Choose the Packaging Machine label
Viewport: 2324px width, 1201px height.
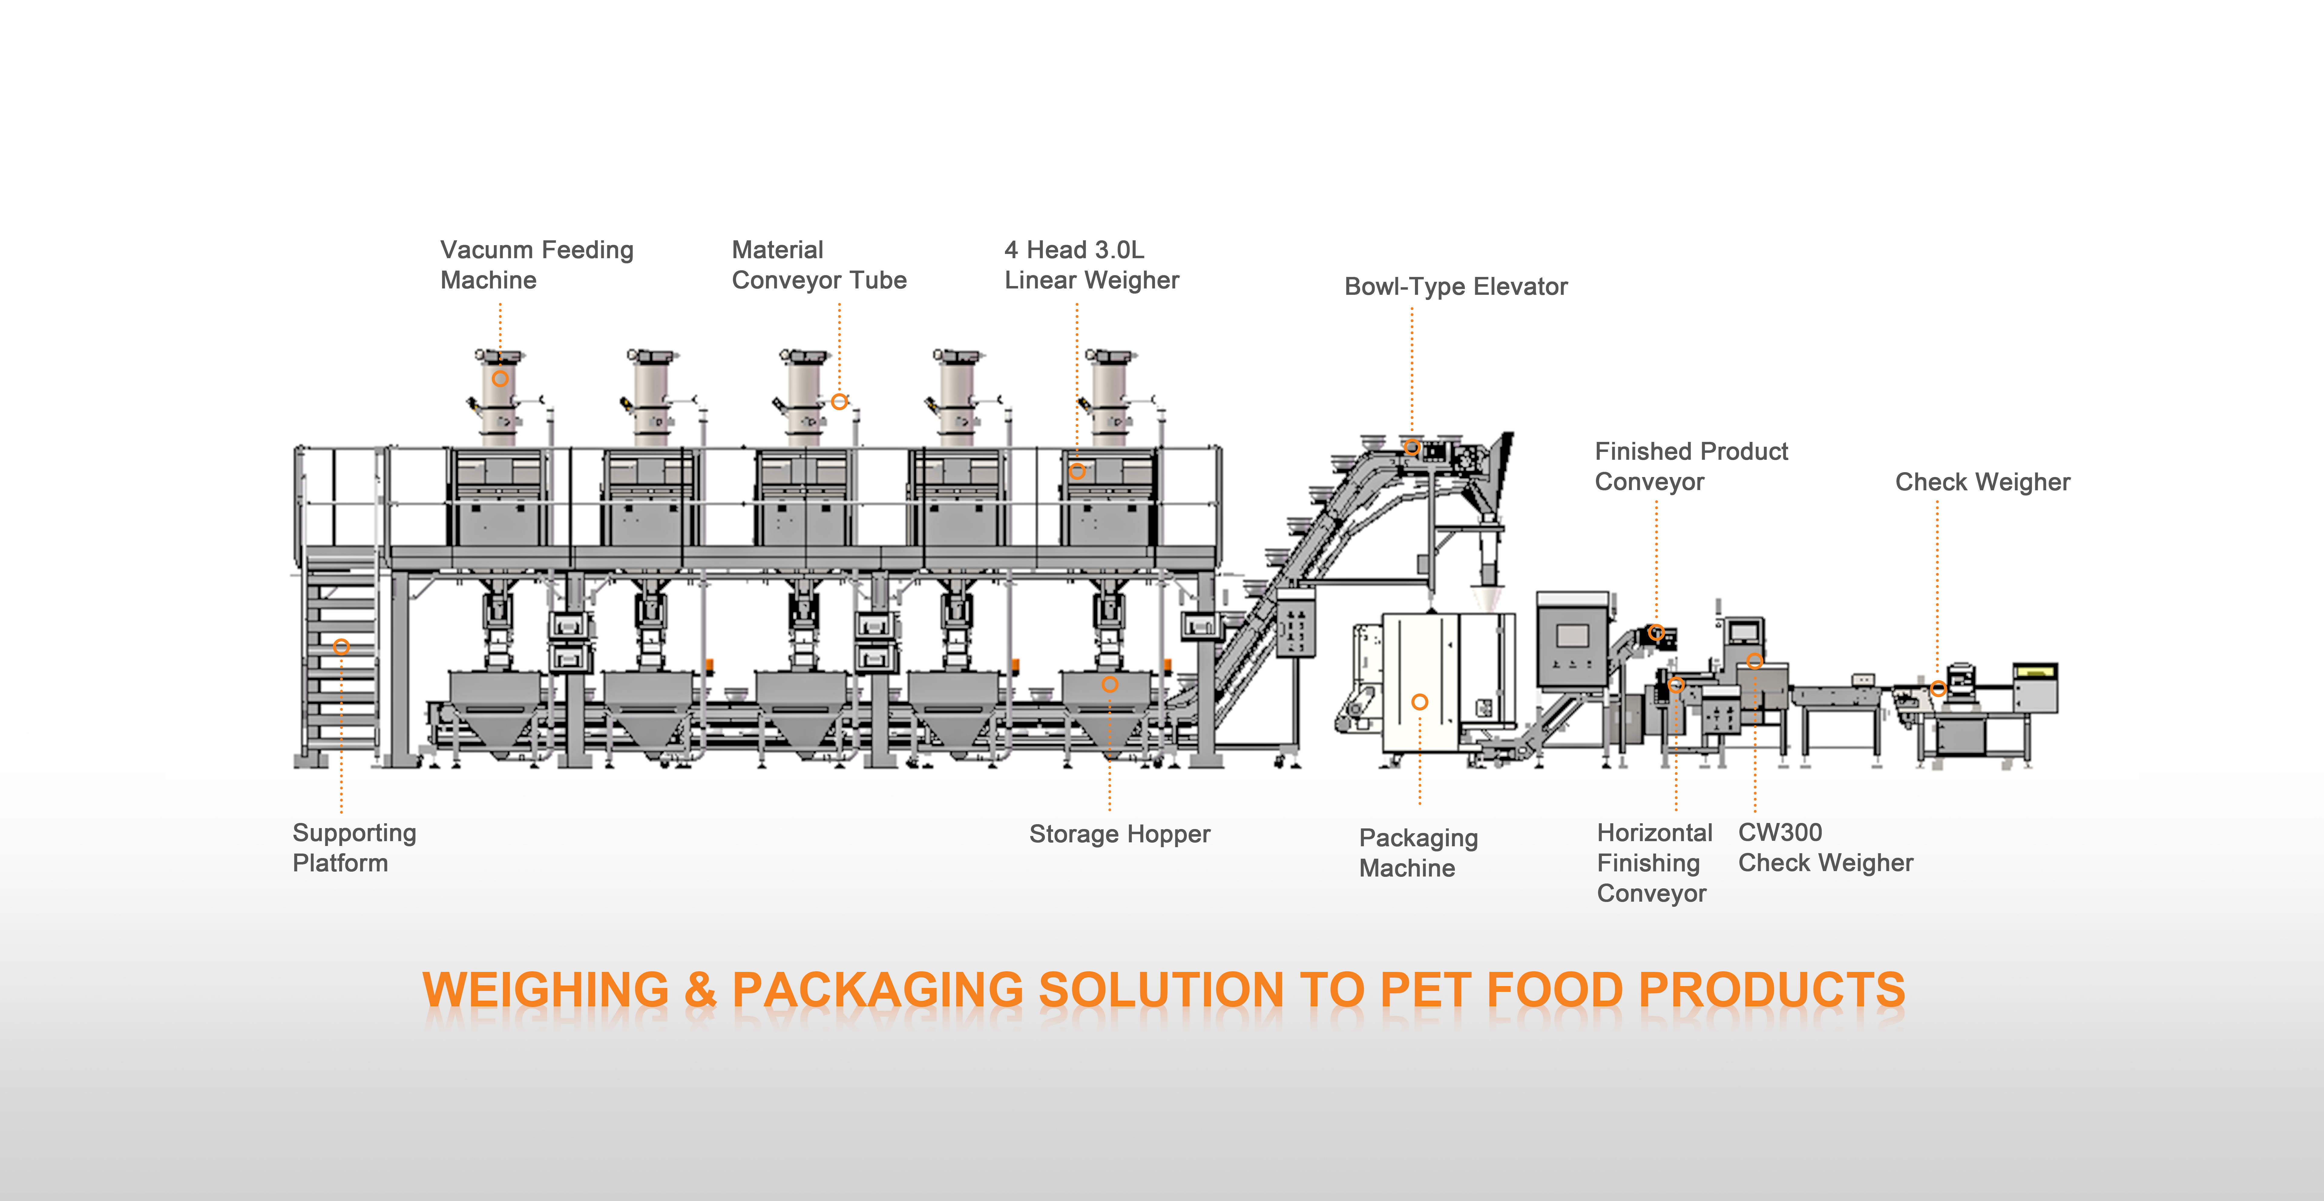pos(1418,853)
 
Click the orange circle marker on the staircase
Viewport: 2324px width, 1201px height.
pos(341,646)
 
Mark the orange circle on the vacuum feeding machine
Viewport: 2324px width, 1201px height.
pos(500,378)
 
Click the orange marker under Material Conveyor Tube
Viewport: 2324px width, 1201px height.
pos(839,402)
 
